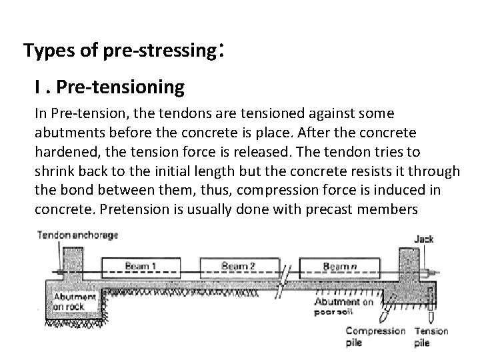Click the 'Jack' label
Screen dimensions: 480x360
pos(424,238)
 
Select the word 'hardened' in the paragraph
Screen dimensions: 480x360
pos(66,152)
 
